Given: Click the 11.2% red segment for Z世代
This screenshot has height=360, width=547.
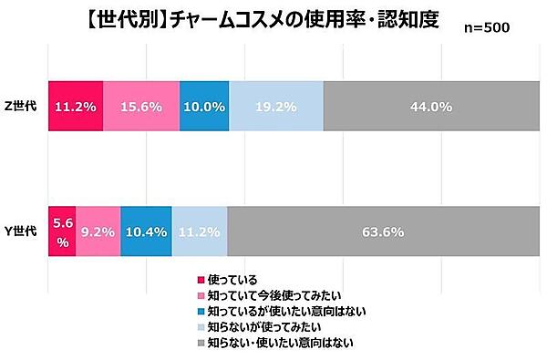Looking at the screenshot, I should [x=75, y=106].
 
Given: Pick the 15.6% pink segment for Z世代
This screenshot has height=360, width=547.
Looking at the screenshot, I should [x=141, y=106].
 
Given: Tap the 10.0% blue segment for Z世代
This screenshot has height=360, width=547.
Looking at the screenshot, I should [x=204, y=106].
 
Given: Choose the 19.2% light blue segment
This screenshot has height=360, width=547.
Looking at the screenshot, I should [x=276, y=106].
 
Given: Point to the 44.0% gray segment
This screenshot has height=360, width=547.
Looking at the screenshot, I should [x=429, y=106].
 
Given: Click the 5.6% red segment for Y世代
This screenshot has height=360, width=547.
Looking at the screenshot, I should [x=60, y=231].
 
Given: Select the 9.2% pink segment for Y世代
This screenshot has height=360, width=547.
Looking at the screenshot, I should [x=98, y=231].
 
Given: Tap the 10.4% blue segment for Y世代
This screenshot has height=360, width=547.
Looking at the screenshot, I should [x=146, y=231].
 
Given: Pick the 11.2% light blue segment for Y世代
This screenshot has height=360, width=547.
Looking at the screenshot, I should [x=200, y=231].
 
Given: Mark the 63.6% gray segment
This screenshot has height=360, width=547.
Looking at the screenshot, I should [x=382, y=231].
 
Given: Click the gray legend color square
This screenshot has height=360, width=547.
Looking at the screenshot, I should [x=202, y=344].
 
